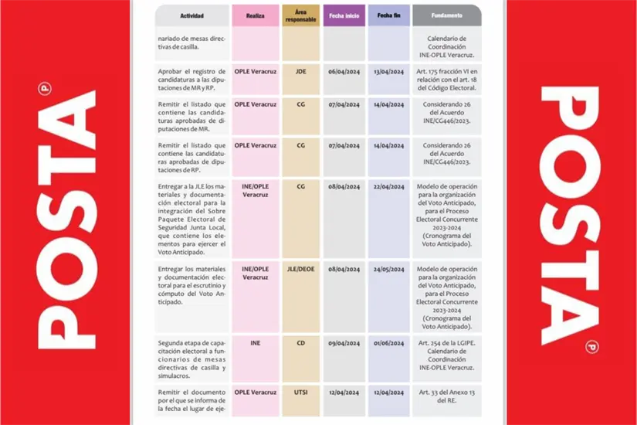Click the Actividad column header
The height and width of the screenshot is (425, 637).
tap(191, 15)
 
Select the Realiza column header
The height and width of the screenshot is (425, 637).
tap(255, 15)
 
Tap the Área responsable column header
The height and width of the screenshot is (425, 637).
tap(300, 15)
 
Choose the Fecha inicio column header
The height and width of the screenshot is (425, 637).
tap(344, 15)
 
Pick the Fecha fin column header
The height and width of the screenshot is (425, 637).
tap(388, 15)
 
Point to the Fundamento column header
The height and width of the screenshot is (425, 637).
tap(447, 15)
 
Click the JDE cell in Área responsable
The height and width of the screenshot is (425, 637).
tap(300, 71)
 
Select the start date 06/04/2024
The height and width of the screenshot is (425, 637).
tap(344, 72)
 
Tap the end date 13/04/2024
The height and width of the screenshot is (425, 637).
tap(388, 72)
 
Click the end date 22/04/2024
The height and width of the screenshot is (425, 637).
tap(388, 186)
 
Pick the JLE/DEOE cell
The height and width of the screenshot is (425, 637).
tap(300, 269)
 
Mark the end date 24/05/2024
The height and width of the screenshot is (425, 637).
tap(388, 269)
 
